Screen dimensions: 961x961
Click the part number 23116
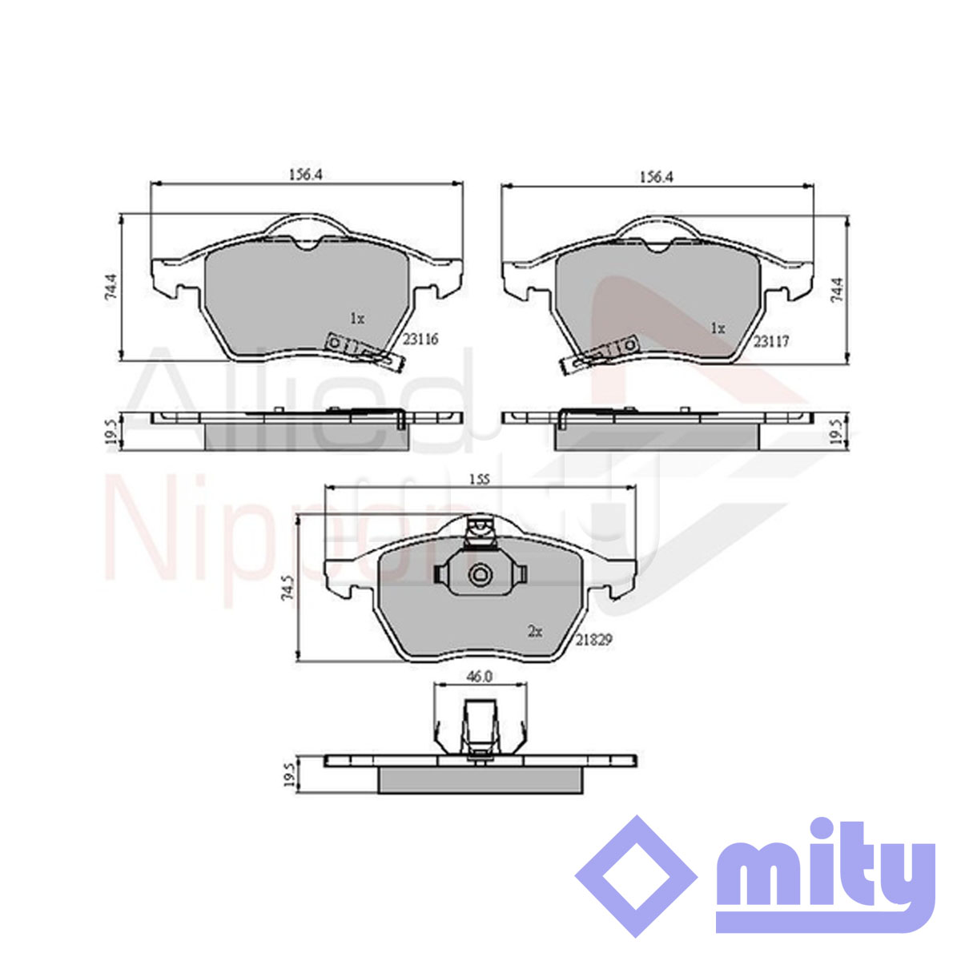[x=420, y=340]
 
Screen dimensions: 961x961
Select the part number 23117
[x=770, y=342]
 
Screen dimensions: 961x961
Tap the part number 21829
[x=594, y=640]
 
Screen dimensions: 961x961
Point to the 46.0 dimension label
[x=480, y=677]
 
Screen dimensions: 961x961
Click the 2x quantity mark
[x=535, y=632]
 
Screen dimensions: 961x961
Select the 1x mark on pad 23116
[x=357, y=318]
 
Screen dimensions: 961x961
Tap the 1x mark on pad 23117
[x=718, y=328]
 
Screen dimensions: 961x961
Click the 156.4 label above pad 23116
[x=306, y=175]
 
